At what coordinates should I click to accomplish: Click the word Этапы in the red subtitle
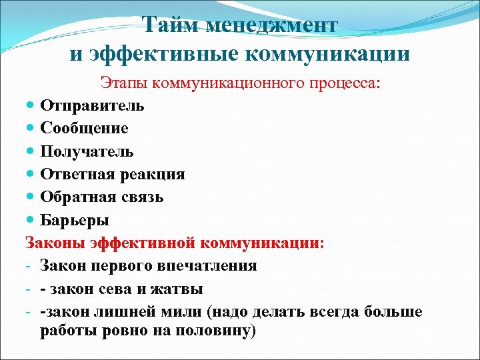(124, 83)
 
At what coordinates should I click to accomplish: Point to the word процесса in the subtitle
(337, 83)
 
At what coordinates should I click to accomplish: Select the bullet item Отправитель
(92, 105)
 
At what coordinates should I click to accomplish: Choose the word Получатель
(87, 151)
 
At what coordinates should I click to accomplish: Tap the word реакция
(153, 174)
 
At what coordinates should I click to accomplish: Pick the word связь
(142, 197)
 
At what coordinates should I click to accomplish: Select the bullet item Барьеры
(75, 220)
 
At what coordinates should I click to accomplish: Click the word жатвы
(179, 289)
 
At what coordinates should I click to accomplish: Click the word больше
(394, 312)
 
